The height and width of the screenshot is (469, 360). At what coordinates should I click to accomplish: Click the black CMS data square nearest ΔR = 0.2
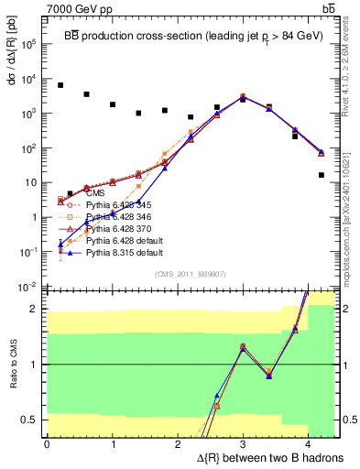[x=60, y=85]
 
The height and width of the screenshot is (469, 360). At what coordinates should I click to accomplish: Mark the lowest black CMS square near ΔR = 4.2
[x=322, y=175]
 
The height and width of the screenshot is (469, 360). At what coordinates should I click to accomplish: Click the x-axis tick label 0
[x=47, y=444]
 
